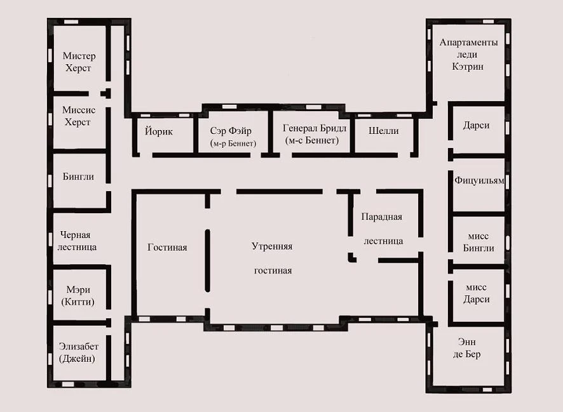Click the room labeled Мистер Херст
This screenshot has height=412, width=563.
(x=79, y=62)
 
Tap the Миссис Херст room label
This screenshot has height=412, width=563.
(x=79, y=116)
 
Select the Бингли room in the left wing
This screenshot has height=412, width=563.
(x=78, y=176)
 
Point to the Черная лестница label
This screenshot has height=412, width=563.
(x=77, y=241)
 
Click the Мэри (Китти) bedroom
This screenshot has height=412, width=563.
(x=78, y=296)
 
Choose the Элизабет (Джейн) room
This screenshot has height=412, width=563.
(x=78, y=352)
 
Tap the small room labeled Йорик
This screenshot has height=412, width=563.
(x=159, y=131)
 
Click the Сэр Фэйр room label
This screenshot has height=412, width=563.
(x=231, y=131)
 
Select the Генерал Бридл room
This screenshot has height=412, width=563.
(x=314, y=128)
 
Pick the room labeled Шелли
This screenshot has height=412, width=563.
(x=383, y=131)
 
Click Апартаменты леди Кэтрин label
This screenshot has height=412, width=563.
(x=468, y=55)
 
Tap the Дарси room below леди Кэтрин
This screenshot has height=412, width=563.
(x=476, y=126)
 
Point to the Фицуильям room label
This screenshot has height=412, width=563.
(x=479, y=180)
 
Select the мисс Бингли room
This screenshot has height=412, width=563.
(x=478, y=242)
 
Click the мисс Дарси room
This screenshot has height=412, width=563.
(x=476, y=293)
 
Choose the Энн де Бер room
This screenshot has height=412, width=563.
(x=466, y=348)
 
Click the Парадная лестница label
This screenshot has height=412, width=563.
(x=382, y=229)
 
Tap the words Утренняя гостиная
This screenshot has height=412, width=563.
(x=272, y=258)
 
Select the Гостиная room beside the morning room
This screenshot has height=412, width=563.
(x=167, y=248)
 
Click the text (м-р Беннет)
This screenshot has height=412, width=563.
(x=233, y=143)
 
